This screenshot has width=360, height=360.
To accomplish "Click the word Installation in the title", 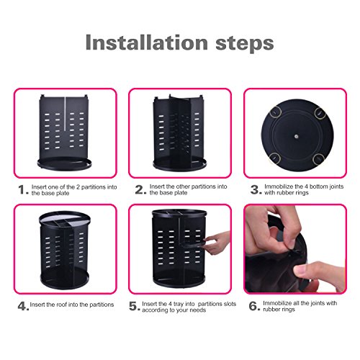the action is pyautogui.click(x=147, y=42).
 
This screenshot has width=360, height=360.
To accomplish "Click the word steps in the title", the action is pyautogui.click(x=245, y=44).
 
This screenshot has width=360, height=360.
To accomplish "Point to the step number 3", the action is pyautogui.click(x=256, y=189).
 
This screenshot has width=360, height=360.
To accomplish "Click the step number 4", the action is pyautogui.click(x=23, y=306).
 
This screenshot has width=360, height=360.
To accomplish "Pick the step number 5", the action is pyautogui.click(x=134, y=306).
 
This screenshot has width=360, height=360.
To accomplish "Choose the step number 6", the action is pyautogui.click(x=254, y=306).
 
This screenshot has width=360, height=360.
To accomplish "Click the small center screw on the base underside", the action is pyautogui.click(x=296, y=136).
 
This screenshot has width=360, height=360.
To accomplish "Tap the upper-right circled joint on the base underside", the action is pyautogui.click(x=320, y=113).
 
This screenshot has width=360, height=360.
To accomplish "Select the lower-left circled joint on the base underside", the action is pyautogui.click(x=274, y=158).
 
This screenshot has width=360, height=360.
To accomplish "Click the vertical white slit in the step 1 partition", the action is pyautogui.click(x=65, y=114).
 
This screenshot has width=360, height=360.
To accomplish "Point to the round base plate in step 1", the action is pyautogui.click(x=64, y=164).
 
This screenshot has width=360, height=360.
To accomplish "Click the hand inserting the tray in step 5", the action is pyautogui.click(x=217, y=243).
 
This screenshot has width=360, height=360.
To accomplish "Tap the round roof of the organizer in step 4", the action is pyautogui.click(x=65, y=219).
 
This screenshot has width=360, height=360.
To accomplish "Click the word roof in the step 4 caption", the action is pyautogui.click(x=62, y=305).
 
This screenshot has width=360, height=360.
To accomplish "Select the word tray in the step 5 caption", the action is pyautogui.click(x=179, y=304).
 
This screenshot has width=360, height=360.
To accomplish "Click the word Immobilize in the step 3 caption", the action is pyautogui.click(x=279, y=186).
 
